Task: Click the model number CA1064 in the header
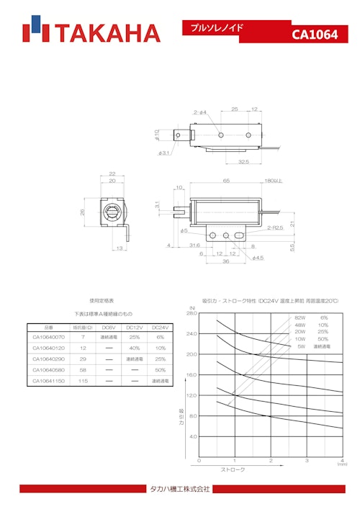pos(315,35)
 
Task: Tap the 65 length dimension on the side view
pos(226,181)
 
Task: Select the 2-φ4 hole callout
pos(200,112)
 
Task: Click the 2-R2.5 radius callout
pos(276,228)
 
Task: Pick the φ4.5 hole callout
pos(257,258)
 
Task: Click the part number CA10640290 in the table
pos(49,359)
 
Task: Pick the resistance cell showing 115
pos(83,381)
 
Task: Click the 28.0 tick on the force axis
pos(191,314)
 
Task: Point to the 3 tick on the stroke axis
pos(307,461)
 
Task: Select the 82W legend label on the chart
pos(300,317)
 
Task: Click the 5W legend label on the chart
pos(301,346)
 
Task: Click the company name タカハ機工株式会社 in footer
pos(180,490)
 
